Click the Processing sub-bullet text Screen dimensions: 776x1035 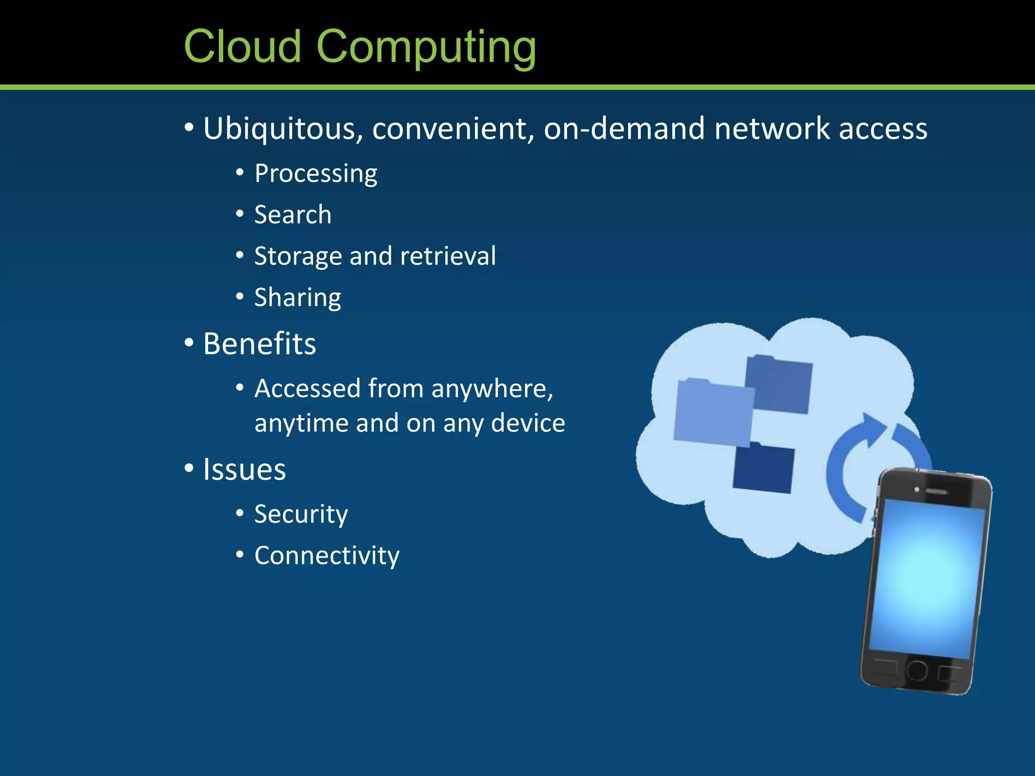[x=316, y=174]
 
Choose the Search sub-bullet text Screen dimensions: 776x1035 [x=293, y=215]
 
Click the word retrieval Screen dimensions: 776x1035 [x=448, y=256]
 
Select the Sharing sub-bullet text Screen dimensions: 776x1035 [x=298, y=298]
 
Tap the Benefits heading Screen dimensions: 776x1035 [x=259, y=344]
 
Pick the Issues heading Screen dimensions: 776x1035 [x=245, y=469]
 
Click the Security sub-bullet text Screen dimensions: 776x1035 [x=301, y=515]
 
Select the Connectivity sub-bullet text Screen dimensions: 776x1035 [x=327, y=556]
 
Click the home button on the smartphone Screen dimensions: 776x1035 [x=917, y=670]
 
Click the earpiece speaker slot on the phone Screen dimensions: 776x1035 [x=936, y=491]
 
